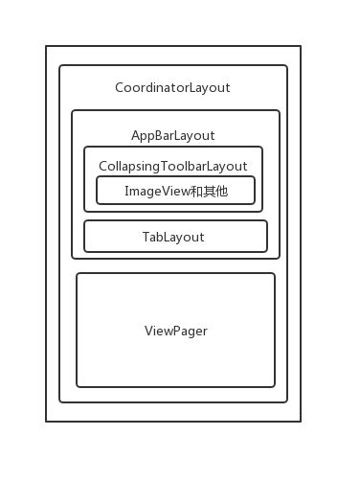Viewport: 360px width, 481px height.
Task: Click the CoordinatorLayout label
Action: coord(172,88)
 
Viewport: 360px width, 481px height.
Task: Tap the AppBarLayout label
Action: coord(173,136)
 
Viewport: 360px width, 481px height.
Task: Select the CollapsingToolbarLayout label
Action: coord(173,167)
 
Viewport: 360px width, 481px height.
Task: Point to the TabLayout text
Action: coord(173,237)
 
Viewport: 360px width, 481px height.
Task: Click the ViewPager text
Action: coord(176,331)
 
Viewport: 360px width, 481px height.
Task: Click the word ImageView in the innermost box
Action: coord(157,192)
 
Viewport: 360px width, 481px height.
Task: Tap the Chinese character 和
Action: coord(196,192)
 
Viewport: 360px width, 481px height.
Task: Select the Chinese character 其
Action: coord(209,192)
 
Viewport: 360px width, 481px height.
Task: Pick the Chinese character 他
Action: coord(221,192)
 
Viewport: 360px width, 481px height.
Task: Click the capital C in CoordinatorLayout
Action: coord(120,87)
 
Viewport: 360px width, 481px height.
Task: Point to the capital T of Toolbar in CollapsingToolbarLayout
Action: coord(165,166)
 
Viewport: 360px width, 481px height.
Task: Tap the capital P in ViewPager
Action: coord(176,331)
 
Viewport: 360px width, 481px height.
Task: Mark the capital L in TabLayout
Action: coord(168,237)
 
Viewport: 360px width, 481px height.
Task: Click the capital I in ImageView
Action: coord(126,191)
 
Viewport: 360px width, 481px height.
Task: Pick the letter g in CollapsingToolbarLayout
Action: coord(156,168)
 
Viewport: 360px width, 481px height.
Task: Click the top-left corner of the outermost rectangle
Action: coord(46,46)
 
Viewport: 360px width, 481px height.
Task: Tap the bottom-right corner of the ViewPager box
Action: coord(275,387)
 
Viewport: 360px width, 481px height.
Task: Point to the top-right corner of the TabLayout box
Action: coord(267,220)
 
